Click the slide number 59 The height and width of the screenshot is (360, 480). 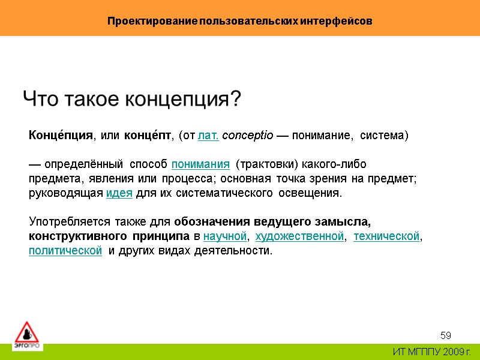pos(446,334)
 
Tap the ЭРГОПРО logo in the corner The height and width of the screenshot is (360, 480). pos(26,335)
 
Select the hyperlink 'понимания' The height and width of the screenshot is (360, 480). pos(201,164)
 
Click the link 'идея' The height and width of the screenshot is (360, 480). pos(119,193)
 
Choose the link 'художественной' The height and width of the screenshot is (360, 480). pos(300,236)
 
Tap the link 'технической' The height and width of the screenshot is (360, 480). pos(386,236)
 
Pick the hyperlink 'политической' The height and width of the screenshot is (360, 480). pos(65,251)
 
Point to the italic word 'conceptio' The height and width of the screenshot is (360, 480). pos(248,136)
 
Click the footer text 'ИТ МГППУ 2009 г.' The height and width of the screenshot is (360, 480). pos(432,352)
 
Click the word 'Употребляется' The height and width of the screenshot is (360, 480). pos(67,222)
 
